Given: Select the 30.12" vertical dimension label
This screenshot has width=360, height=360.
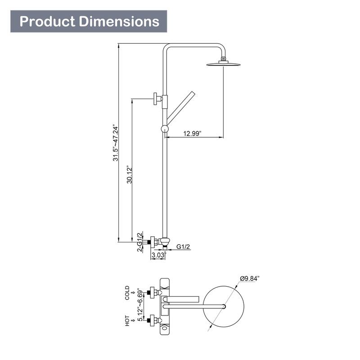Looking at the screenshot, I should [x=129, y=173].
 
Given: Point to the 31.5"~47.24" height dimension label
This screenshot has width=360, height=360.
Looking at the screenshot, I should [x=115, y=143].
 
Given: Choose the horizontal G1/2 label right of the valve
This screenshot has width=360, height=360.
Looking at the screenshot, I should [x=183, y=247].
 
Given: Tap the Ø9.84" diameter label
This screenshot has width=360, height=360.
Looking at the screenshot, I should [x=250, y=279].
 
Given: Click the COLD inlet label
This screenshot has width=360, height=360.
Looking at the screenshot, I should [x=127, y=292].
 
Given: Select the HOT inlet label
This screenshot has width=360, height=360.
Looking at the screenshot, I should [x=127, y=320].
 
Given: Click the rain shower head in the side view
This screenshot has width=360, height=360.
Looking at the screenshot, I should [x=223, y=64].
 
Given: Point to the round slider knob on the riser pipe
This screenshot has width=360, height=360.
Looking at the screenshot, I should [x=165, y=130].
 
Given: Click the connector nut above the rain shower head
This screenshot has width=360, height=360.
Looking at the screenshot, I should [x=223, y=59].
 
